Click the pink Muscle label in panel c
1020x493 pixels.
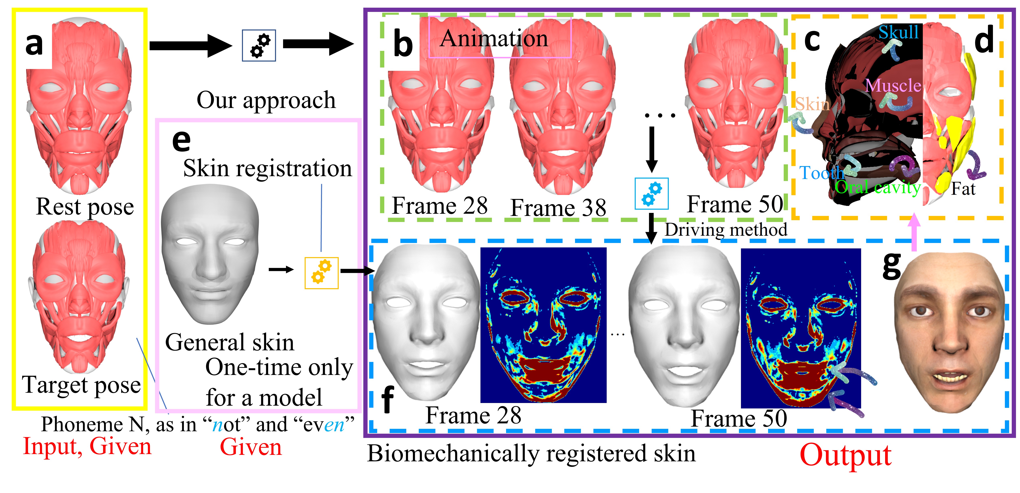coord(893,85)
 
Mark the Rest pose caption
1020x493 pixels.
coord(85,206)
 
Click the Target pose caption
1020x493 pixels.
coord(81,384)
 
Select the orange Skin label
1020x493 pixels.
coord(813,104)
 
